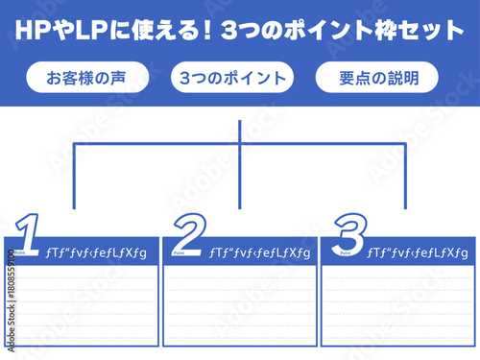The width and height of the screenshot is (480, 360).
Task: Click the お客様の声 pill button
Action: pyautogui.click(x=86, y=78)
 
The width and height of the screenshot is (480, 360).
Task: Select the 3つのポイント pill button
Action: pyautogui.click(x=231, y=78)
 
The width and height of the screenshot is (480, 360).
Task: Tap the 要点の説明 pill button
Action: pyautogui.click(x=376, y=78)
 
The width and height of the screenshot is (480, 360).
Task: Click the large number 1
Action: pyautogui.click(x=28, y=233)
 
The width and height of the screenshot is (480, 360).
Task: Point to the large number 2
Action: pyautogui.click(x=190, y=233)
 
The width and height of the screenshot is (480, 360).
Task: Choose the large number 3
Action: pyautogui.click(x=348, y=233)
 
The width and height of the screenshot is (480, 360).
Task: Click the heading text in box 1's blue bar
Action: pyautogui.click(x=96, y=252)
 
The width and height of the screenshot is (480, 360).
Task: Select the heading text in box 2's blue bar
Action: pyautogui.click(x=259, y=252)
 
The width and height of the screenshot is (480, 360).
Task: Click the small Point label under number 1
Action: pyautogui.click(x=20, y=255)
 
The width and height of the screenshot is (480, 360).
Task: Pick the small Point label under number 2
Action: pyautogui.click(x=180, y=255)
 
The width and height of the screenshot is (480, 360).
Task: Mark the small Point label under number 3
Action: pyautogui.click(x=343, y=255)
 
